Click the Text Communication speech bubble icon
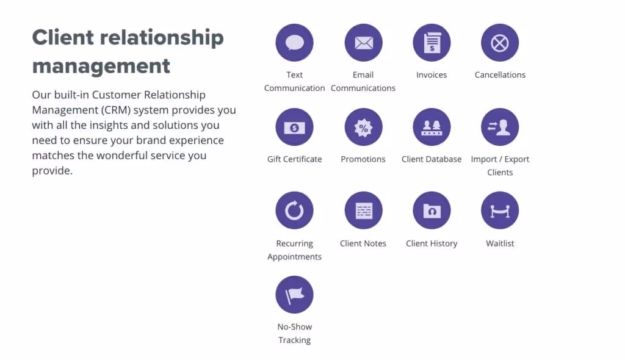click(295, 43)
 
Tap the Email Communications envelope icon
click(363, 43)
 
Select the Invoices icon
click(432, 43)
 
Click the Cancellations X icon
click(500, 43)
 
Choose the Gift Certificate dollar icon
click(295, 127)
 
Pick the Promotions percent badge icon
click(363, 127)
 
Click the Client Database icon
click(432, 127)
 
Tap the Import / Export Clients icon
click(500, 127)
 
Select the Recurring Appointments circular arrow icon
click(295, 211)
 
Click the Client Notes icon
click(363, 211)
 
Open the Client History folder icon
click(432, 211)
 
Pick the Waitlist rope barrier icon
click(500, 211)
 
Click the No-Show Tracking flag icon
click(295, 294)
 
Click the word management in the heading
click(101, 65)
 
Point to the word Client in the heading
click(63, 37)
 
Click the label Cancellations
click(500, 75)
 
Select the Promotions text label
click(363, 159)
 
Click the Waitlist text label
click(500, 243)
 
